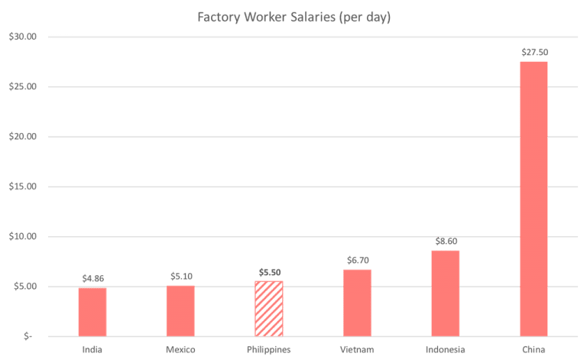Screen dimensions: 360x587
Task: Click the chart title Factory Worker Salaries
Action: [293, 17]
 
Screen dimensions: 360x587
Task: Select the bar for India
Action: [92, 311]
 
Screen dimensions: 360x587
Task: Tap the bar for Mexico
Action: [180, 310]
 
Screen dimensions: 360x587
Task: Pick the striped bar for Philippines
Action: [269, 309]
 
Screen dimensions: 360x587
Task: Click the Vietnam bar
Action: [357, 302]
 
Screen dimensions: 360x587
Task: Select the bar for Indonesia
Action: [446, 293]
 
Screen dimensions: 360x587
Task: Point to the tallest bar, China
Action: [533, 198]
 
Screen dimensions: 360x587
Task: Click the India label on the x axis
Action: [92, 349]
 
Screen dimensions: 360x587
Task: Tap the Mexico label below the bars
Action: [180, 349]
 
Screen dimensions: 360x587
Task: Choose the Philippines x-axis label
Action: [269, 349]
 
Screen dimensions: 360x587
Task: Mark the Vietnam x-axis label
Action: [356, 349]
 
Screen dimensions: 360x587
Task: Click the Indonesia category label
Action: [446, 349]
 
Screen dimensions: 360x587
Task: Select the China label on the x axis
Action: [533, 349]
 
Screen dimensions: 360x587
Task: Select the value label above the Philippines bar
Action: [270, 272]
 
